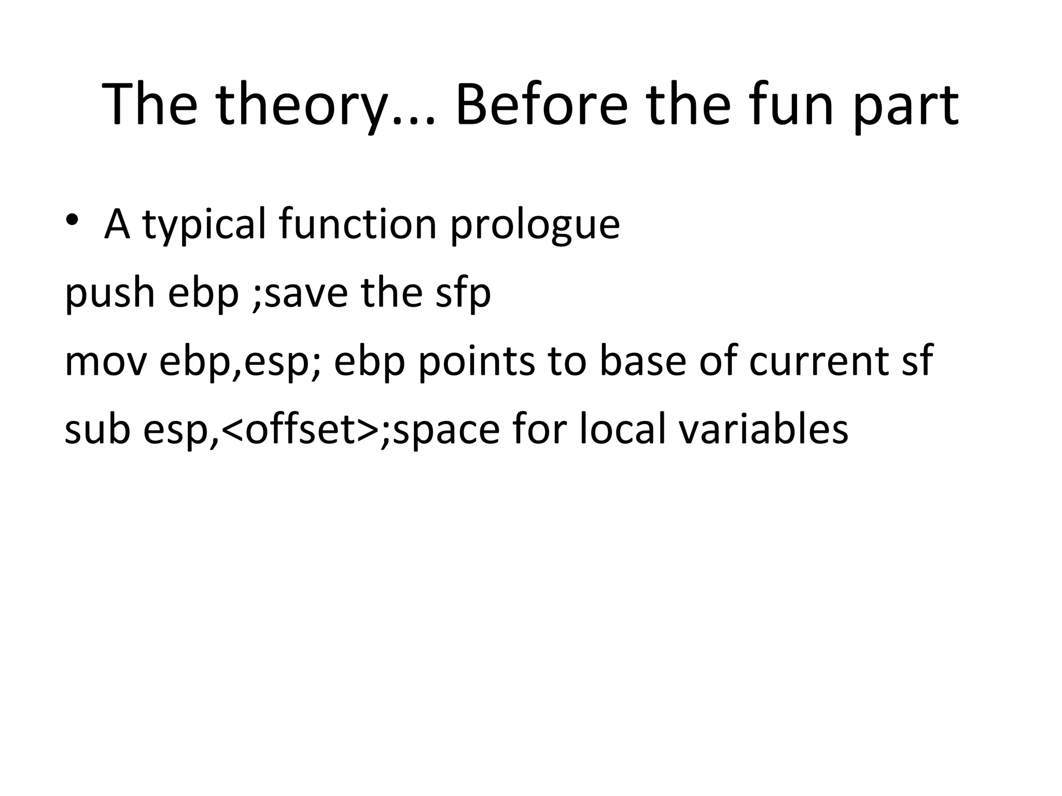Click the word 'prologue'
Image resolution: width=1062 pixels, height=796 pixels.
pos(534,225)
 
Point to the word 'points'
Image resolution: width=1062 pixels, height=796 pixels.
pos(476,361)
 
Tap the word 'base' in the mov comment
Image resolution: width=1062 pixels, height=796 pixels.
pos(643,361)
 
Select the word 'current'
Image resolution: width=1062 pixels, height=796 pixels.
pos(820,361)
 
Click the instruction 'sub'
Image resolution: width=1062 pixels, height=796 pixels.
pos(97,429)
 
